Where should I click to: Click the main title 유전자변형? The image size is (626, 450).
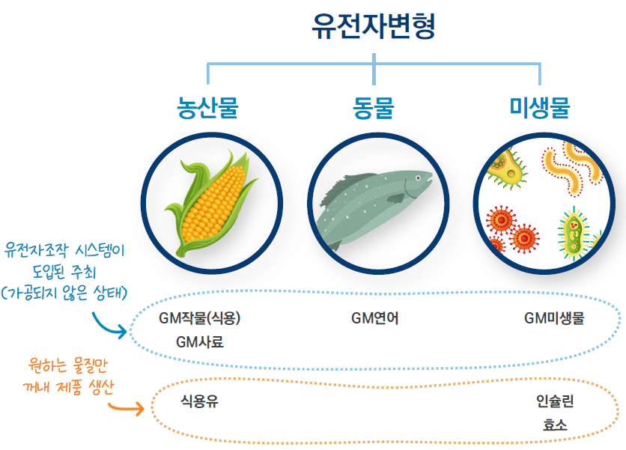pos(374,26)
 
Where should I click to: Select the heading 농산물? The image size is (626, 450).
pos(207,108)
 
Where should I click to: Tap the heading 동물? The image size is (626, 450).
pos(374,108)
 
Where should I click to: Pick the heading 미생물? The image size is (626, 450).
pos(540,108)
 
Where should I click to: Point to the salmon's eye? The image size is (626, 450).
pos(418,177)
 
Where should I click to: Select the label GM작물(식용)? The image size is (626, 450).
pos(200,318)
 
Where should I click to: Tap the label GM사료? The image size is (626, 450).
pos(200,342)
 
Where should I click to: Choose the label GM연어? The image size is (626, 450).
pos(375,318)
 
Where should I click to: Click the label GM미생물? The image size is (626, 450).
pos(554,318)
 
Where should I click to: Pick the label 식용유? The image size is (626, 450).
pos(200,401)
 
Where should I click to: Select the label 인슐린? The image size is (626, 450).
pos(555,401)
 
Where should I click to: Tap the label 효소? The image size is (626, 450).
pos(555,425)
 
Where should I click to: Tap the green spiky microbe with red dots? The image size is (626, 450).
pos(574,234)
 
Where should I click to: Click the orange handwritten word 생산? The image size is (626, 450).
pos(101,387)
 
